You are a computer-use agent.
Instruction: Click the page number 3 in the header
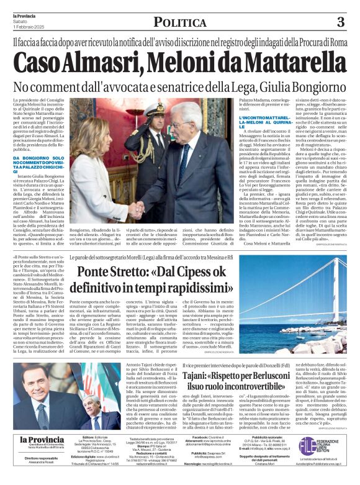340,22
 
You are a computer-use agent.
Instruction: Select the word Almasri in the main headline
99,63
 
